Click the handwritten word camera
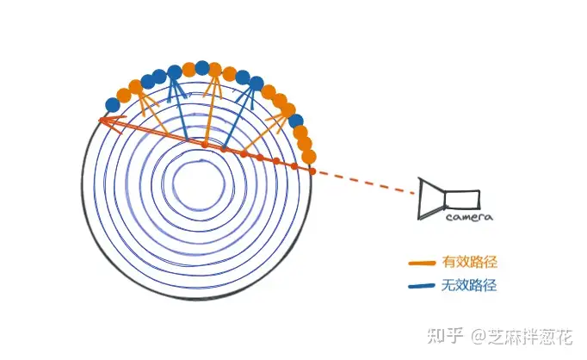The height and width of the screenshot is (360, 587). tap(469, 218)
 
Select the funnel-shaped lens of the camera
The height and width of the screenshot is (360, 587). tap(430, 198)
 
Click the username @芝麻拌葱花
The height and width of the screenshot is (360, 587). tap(522, 334)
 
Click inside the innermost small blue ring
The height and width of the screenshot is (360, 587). tap(199, 182)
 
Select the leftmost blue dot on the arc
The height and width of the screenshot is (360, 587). tap(112, 105)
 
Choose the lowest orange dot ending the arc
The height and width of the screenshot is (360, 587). tap(309, 157)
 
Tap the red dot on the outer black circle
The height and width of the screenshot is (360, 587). tap(311, 171)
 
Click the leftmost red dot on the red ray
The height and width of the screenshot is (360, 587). tap(204, 144)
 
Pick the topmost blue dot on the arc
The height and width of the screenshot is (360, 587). tap(202, 66)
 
